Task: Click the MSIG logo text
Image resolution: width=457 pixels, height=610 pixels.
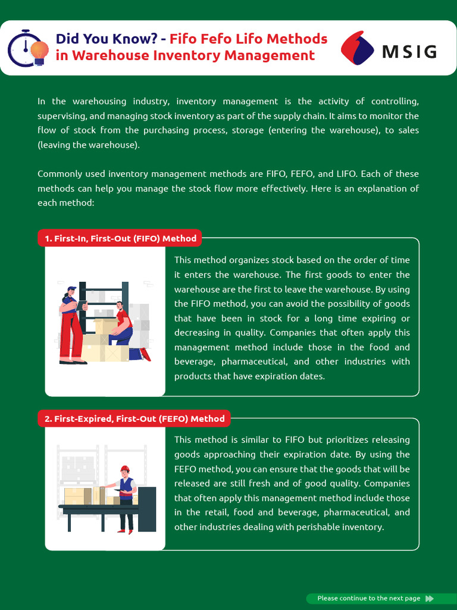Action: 409,51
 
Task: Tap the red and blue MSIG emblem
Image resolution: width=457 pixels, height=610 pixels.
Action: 357,48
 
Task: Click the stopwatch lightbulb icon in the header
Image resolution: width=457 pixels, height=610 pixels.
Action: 28,48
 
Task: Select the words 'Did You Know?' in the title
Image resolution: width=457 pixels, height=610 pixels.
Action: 107,39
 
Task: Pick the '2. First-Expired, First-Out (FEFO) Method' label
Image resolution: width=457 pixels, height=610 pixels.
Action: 134,419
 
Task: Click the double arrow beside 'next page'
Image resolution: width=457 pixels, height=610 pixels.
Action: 430,598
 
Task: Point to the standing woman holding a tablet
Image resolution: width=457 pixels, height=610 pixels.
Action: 71,325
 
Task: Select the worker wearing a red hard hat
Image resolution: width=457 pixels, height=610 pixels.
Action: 126,497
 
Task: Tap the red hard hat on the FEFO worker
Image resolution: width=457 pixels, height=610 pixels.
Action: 124,469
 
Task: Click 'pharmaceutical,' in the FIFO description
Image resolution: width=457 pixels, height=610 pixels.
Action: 257,362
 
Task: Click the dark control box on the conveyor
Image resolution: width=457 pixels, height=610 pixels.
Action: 147,509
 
